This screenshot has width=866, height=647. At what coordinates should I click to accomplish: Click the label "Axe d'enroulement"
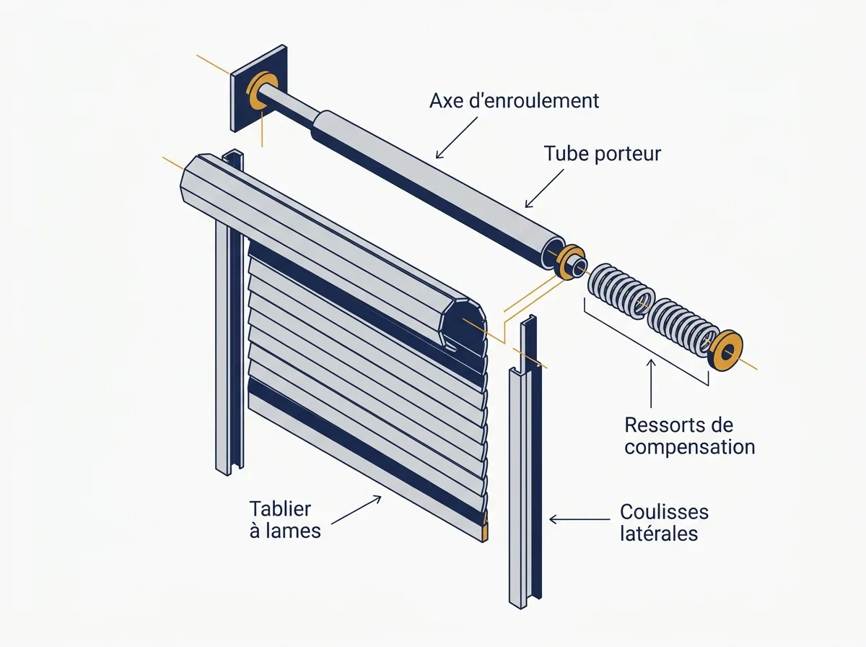[x=514, y=100]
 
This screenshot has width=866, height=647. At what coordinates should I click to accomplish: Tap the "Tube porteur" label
[x=602, y=154]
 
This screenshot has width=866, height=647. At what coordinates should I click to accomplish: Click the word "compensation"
[x=690, y=448]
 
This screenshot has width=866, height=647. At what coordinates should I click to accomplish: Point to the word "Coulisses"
[x=665, y=512]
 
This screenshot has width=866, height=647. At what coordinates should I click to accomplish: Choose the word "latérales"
[x=659, y=534]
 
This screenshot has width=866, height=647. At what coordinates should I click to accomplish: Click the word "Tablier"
[x=280, y=509]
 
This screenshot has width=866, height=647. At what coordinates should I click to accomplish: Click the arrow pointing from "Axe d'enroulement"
[x=457, y=137]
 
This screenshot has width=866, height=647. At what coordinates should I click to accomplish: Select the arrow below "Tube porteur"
[x=544, y=188]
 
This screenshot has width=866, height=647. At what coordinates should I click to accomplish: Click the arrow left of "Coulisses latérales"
[x=579, y=519]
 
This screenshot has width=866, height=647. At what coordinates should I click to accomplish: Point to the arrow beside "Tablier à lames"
[x=357, y=510]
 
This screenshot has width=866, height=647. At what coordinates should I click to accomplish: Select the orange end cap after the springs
[x=726, y=350]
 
